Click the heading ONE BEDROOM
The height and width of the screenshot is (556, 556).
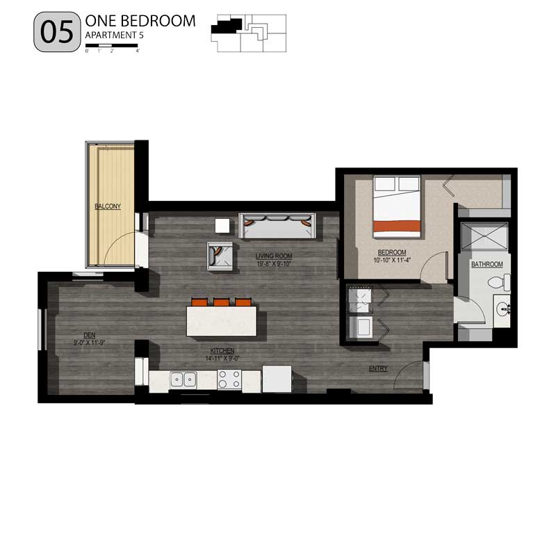(x=140, y=21)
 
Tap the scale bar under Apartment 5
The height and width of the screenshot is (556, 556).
(x=113, y=47)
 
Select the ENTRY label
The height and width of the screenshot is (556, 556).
(x=378, y=368)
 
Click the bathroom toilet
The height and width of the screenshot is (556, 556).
(x=498, y=282)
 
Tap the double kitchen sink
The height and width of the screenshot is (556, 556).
(x=183, y=379)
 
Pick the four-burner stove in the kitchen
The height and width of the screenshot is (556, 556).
(x=230, y=379)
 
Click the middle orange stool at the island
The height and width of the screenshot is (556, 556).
(x=222, y=302)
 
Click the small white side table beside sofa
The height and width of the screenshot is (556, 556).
(x=222, y=226)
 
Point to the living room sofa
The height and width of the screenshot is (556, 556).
(x=277, y=225)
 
